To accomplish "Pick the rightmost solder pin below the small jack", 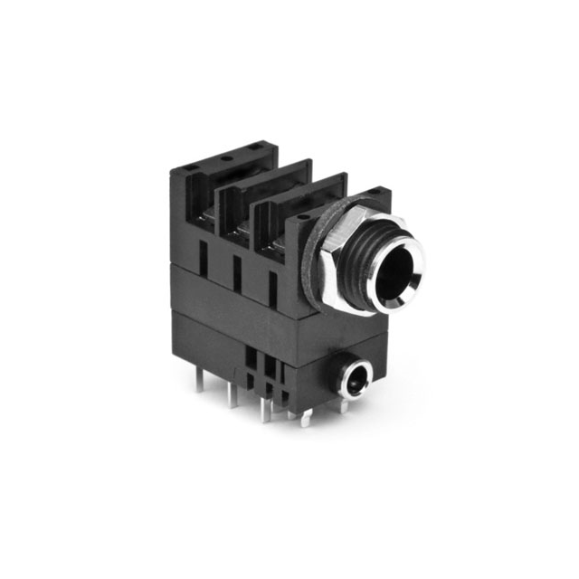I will [344, 405].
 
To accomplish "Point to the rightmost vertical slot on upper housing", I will [271, 286].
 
